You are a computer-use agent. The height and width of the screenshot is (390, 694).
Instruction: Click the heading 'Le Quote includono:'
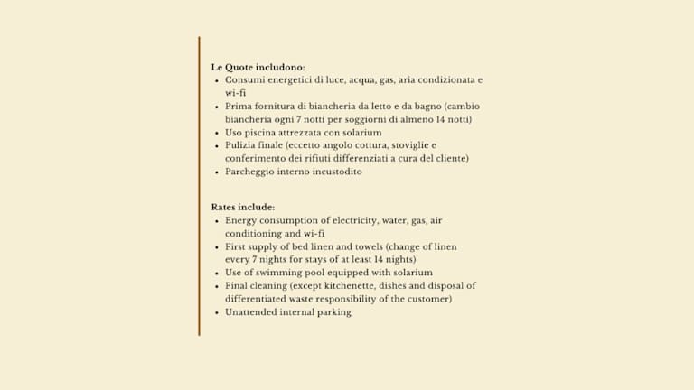(258, 67)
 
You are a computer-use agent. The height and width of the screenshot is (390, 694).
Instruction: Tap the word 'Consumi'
(245, 79)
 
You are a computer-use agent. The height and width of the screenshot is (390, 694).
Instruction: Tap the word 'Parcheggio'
(252, 172)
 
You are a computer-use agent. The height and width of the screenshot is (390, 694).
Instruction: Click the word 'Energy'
(243, 220)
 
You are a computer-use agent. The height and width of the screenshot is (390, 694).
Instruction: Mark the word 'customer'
(429, 299)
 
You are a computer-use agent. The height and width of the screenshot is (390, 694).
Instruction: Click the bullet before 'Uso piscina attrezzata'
(216, 133)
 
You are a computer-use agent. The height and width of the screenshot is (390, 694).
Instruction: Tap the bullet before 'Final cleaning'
(216, 286)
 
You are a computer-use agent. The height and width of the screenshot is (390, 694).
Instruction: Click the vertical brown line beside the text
(199, 186)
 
